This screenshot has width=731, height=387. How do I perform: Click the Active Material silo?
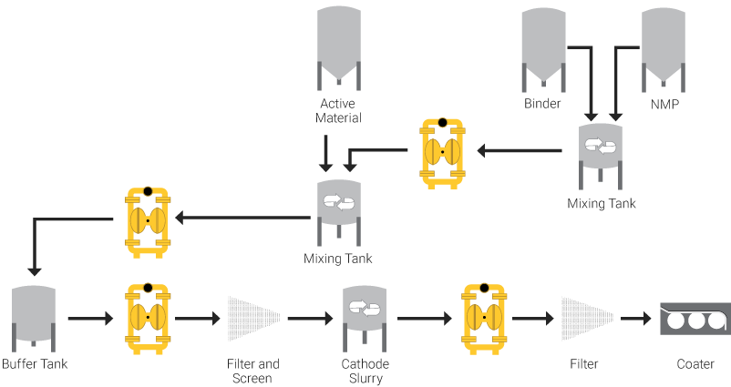[x=339, y=46]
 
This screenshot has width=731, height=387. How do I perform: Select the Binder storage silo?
[x=543, y=46]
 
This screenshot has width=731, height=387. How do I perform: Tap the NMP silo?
[x=664, y=46]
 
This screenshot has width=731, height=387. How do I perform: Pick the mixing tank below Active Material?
[x=339, y=205]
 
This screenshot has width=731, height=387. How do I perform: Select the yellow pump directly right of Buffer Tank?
[x=148, y=319]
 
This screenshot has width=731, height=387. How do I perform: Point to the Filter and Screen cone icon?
[x=252, y=319]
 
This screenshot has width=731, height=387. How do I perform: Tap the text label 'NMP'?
[x=664, y=104]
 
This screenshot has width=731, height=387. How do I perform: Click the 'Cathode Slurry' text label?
[x=365, y=371]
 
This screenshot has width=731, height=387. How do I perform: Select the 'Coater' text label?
[x=695, y=364]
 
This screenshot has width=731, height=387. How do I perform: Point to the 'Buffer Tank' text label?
[x=34, y=364]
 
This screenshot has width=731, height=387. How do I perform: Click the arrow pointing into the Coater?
[x=635, y=320]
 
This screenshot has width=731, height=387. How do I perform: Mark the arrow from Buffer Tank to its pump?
[x=88, y=320]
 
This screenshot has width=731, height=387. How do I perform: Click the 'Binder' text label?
[x=542, y=104]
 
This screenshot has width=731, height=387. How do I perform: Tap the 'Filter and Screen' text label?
[x=252, y=371]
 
